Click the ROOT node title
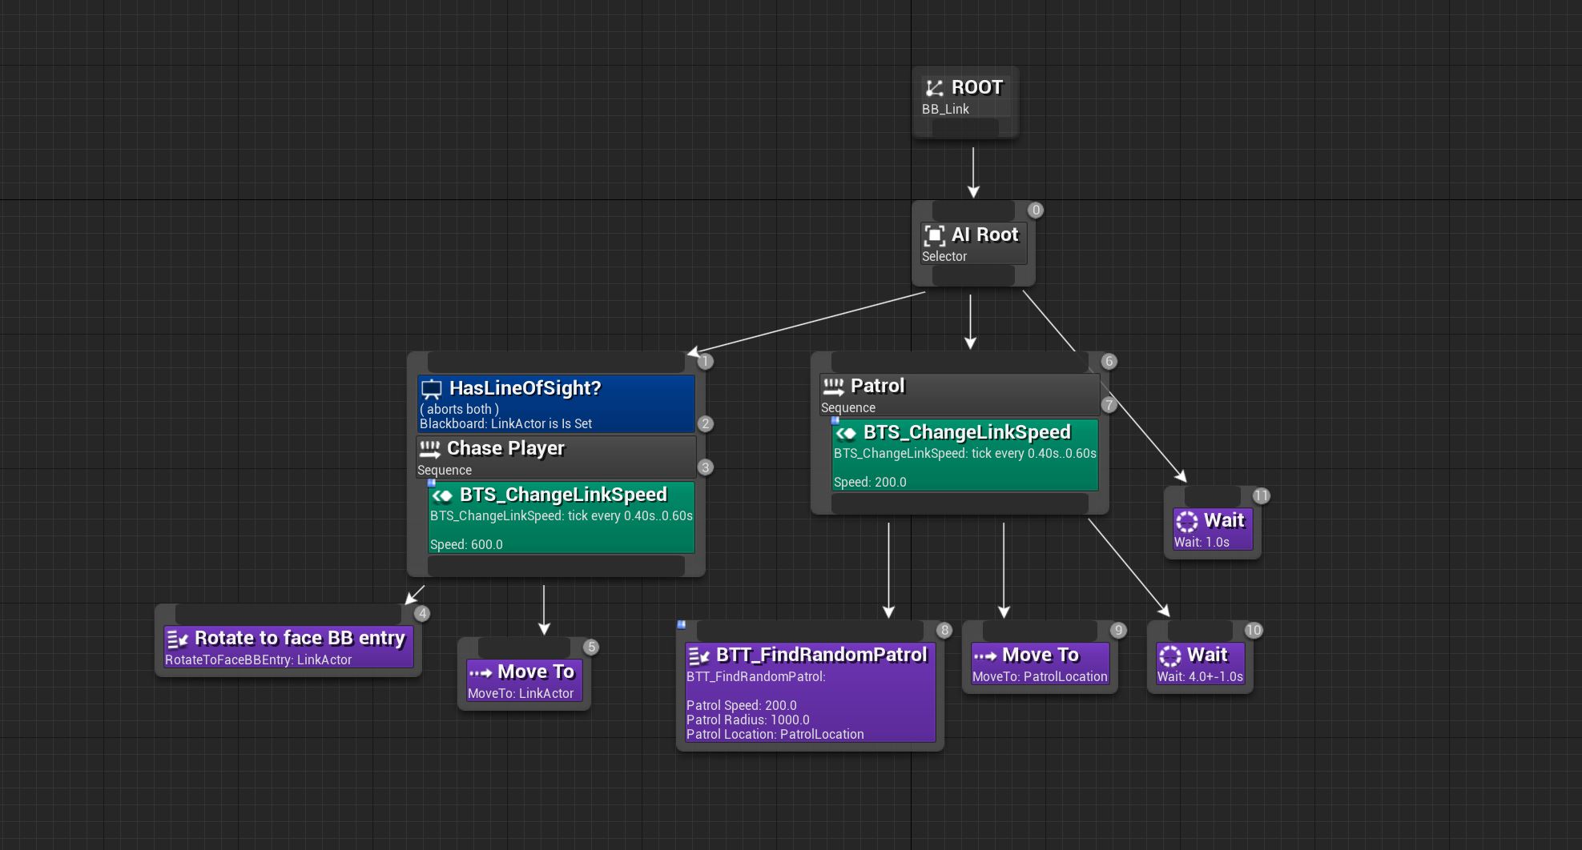click(x=976, y=87)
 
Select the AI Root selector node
click(x=973, y=243)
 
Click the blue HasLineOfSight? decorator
click(x=556, y=403)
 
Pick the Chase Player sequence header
click(x=556, y=457)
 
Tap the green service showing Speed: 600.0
click(x=562, y=517)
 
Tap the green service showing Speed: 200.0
click(x=964, y=455)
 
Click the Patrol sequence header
click(x=960, y=395)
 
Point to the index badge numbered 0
click(x=1036, y=210)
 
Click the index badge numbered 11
click(x=1261, y=496)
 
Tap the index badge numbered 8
click(x=944, y=631)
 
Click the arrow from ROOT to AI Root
click(x=973, y=172)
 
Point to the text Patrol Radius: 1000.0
click(x=747, y=720)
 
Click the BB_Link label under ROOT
click(x=945, y=109)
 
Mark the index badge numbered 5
click(x=591, y=648)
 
